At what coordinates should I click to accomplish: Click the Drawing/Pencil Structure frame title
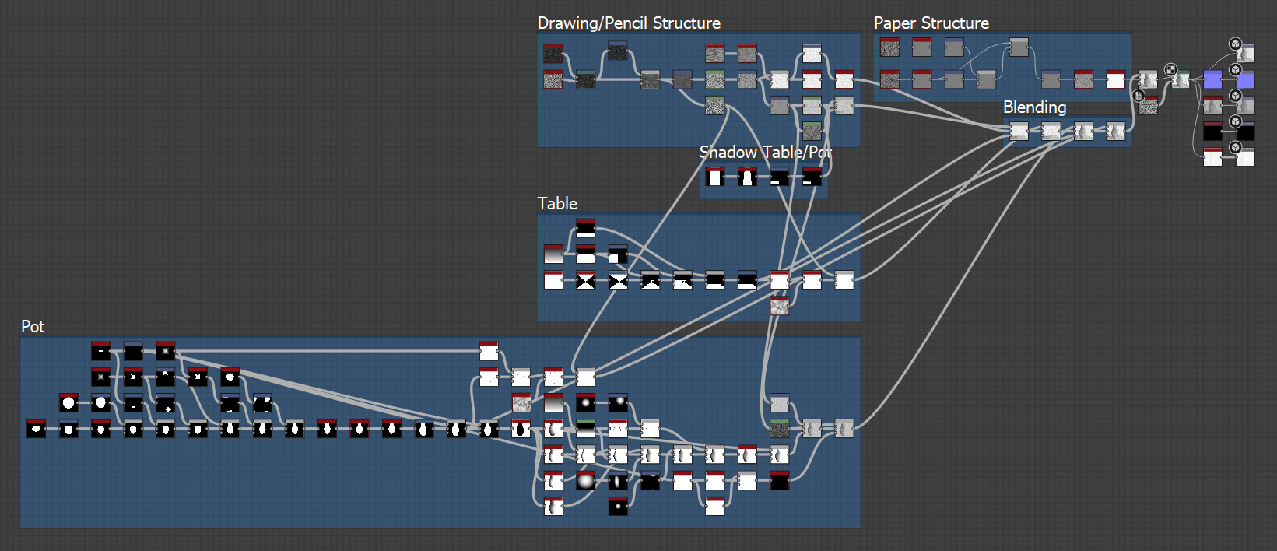629,23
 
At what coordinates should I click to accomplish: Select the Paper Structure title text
931,23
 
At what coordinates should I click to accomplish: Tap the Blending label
1034,107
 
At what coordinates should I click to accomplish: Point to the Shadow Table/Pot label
765,153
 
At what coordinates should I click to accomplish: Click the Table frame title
557,204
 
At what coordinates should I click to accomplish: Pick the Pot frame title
33,327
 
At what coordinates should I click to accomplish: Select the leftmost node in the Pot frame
37,429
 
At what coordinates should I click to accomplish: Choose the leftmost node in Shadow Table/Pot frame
714,177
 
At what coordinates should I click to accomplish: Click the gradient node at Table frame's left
553,254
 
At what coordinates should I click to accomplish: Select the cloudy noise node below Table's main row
780,306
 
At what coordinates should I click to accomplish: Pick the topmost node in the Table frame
585,229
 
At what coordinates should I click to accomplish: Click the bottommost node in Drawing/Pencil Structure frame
812,131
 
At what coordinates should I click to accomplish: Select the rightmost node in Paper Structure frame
1116,79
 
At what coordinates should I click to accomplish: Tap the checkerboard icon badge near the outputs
1170,70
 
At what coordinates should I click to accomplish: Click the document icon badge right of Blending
1138,96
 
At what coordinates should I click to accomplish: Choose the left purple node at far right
1212,79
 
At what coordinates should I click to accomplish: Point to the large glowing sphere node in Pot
585,481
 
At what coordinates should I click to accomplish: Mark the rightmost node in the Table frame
844,280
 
